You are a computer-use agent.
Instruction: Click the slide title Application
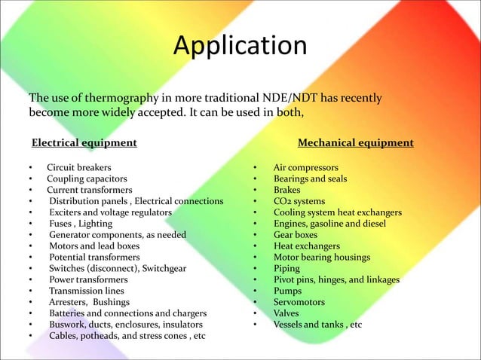[x=240, y=47]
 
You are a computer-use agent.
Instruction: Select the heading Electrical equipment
[x=83, y=142]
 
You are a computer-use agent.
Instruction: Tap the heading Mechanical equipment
[x=356, y=142]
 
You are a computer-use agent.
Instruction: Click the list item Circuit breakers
[x=79, y=167]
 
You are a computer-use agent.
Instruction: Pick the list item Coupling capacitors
[x=84, y=178]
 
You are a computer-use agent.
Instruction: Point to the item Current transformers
[x=89, y=190]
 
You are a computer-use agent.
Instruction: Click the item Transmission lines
[x=87, y=291]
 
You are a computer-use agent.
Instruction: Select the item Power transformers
[x=88, y=279]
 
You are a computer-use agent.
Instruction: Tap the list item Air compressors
[x=305, y=167]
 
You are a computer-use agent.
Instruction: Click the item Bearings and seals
[x=310, y=178]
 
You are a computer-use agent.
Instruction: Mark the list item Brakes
[x=286, y=190]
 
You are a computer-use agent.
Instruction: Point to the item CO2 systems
[x=299, y=201]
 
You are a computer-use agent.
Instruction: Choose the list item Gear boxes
[x=296, y=235]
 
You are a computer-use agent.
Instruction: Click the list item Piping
[x=286, y=268]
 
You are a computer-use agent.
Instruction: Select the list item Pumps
[x=287, y=291]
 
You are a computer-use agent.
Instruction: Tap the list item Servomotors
[x=300, y=302]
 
